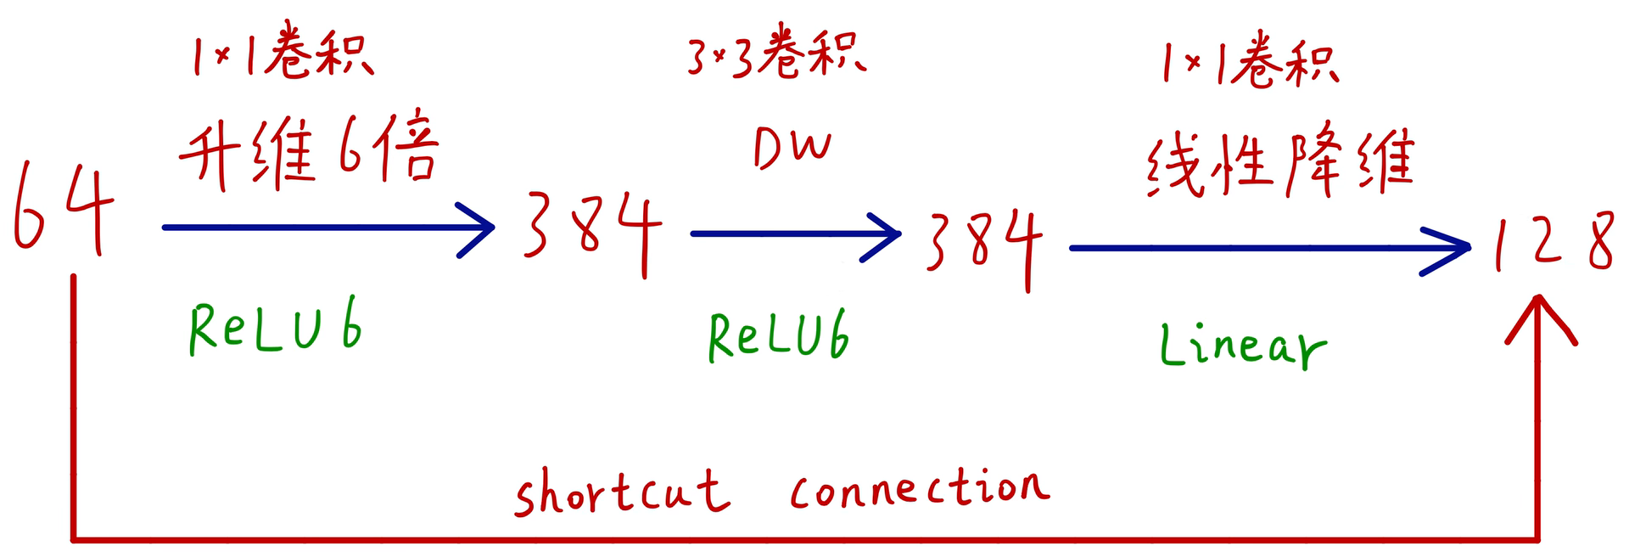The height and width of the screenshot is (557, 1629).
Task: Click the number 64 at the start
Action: click(64, 208)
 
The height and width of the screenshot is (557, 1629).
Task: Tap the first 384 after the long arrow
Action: click(591, 231)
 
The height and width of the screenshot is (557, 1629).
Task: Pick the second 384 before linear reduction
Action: click(984, 246)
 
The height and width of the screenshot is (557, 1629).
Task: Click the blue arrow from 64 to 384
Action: click(327, 228)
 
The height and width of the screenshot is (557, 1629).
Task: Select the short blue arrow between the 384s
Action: click(795, 233)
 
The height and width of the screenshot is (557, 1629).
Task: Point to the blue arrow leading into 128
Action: click(1268, 249)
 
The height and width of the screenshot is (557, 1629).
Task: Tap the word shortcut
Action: click(622, 492)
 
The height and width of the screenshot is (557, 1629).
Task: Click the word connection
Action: click(920, 487)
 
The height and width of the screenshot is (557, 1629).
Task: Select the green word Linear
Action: click(1242, 346)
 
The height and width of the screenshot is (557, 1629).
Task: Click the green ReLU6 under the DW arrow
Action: click(778, 336)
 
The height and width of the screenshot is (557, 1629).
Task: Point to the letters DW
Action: click(792, 149)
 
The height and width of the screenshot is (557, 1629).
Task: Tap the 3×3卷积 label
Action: click(775, 55)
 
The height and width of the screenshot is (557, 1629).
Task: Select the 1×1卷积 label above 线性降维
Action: click(1249, 61)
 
